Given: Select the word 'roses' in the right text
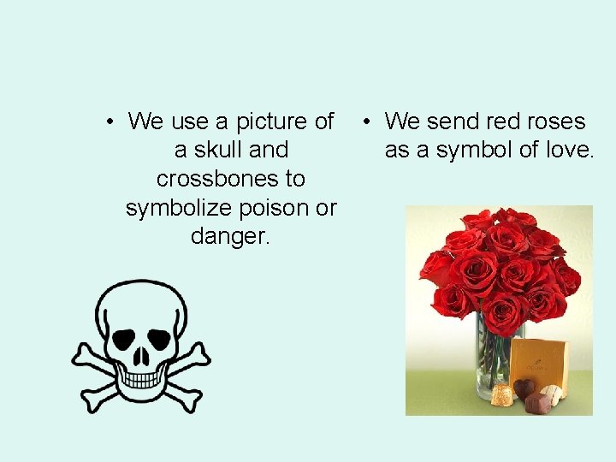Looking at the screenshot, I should coord(551,121).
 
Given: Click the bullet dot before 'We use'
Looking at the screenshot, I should coord(110,121).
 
